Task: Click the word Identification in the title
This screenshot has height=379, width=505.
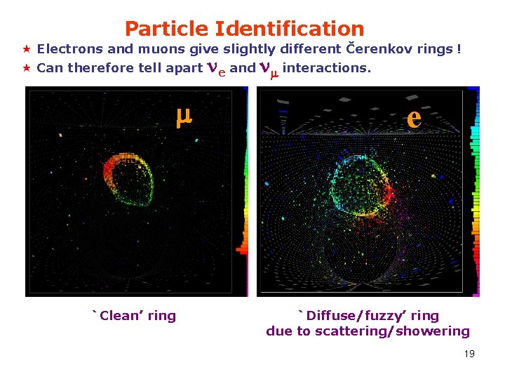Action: pos(290,29)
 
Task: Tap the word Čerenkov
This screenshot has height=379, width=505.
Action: pos(377,49)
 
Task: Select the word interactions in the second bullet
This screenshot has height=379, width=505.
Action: pos(326,68)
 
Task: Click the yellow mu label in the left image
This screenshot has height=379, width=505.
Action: pos(184,119)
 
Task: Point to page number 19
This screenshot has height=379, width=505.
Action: pos(469,354)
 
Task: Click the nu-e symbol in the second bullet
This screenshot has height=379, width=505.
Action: pos(216,69)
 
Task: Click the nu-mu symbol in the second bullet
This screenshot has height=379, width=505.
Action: pos(268,69)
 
